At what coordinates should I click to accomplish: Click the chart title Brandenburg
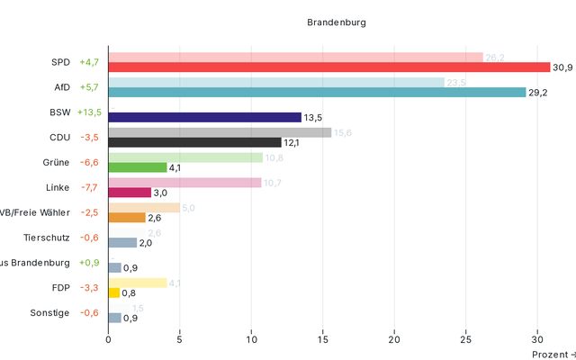pyautogui.click(x=337, y=22)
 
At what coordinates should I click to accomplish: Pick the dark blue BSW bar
pyautogui.click(x=204, y=117)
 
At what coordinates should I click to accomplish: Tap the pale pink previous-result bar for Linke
pyautogui.click(x=184, y=182)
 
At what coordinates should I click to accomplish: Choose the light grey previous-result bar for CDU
pyautogui.click(x=220, y=132)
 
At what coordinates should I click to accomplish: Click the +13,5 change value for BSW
pyautogui.click(x=89, y=112)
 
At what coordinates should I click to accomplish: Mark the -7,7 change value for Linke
pyautogui.click(x=89, y=188)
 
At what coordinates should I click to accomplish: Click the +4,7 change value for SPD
pyautogui.click(x=89, y=63)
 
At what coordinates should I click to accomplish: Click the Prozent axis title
pyautogui.click(x=551, y=355)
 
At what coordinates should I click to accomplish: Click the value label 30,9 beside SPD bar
pyautogui.click(x=563, y=67)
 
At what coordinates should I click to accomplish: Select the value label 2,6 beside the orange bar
pyautogui.click(x=154, y=218)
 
